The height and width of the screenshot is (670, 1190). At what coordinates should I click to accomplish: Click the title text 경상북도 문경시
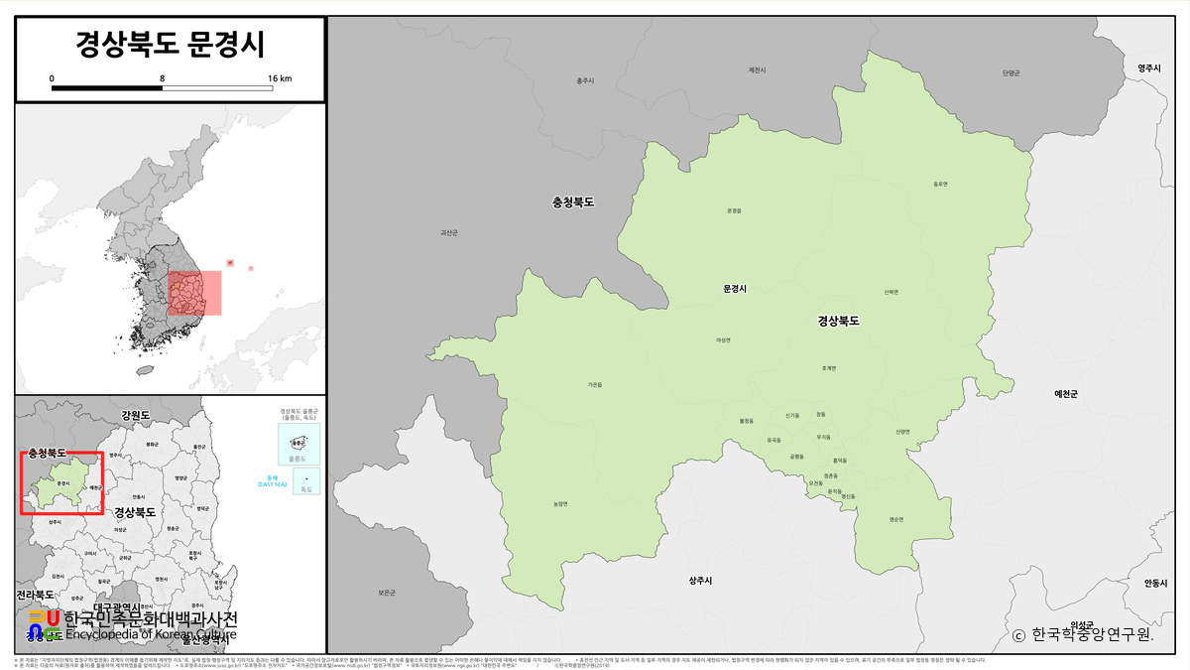(170, 45)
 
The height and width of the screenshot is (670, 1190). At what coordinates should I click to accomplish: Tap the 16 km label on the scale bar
(279, 77)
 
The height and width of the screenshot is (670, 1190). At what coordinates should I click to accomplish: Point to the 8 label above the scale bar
(162, 77)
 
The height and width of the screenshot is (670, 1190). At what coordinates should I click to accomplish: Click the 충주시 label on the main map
(585, 80)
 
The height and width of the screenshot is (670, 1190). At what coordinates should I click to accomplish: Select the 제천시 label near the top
(758, 70)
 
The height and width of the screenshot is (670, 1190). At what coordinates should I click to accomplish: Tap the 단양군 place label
(1011, 72)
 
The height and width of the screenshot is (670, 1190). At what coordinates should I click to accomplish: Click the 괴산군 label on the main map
(449, 232)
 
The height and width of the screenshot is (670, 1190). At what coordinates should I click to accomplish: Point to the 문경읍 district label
(734, 210)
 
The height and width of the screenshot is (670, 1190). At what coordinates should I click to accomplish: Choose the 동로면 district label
(941, 184)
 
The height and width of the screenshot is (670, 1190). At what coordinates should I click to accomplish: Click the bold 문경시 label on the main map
(734, 288)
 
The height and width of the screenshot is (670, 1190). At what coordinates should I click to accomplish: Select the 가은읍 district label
(595, 384)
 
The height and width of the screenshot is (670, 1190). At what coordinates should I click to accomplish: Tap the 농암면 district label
(560, 503)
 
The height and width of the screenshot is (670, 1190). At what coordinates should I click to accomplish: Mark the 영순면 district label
(896, 519)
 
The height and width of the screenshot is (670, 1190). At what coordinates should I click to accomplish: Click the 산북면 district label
(892, 292)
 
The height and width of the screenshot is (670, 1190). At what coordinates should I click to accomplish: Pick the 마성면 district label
(723, 339)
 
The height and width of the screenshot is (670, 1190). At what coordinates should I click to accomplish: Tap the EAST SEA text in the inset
(272, 484)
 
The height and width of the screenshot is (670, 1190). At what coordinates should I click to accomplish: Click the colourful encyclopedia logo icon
(45, 624)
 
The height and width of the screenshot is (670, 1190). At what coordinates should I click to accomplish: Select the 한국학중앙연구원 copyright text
(1083, 634)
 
